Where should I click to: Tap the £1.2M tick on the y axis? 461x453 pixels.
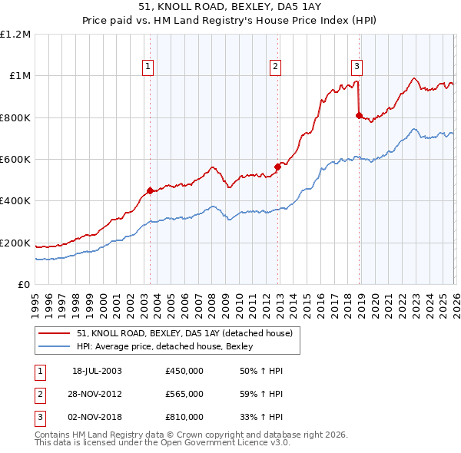(x=15, y=35)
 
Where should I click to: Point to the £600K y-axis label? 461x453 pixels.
(x=15, y=160)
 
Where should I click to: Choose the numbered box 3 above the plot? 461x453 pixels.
(x=357, y=66)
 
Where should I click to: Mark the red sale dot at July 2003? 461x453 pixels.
(x=151, y=191)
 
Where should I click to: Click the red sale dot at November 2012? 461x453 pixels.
(x=277, y=167)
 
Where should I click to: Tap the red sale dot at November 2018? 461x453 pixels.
(x=359, y=115)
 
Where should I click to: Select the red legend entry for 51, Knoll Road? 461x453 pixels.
(x=184, y=334)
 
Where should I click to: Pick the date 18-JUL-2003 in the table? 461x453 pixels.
(x=97, y=371)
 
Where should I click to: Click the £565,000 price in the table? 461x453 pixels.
(x=184, y=394)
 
